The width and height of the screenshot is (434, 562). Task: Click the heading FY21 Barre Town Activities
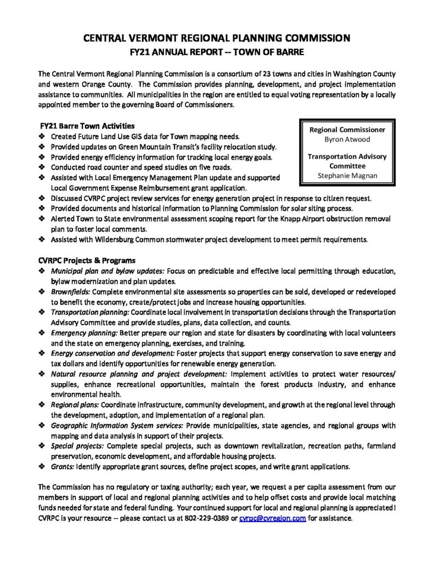(x=88, y=126)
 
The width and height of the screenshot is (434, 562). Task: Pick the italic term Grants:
(x=62, y=467)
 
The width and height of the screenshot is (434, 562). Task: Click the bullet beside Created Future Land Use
(x=42, y=136)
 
